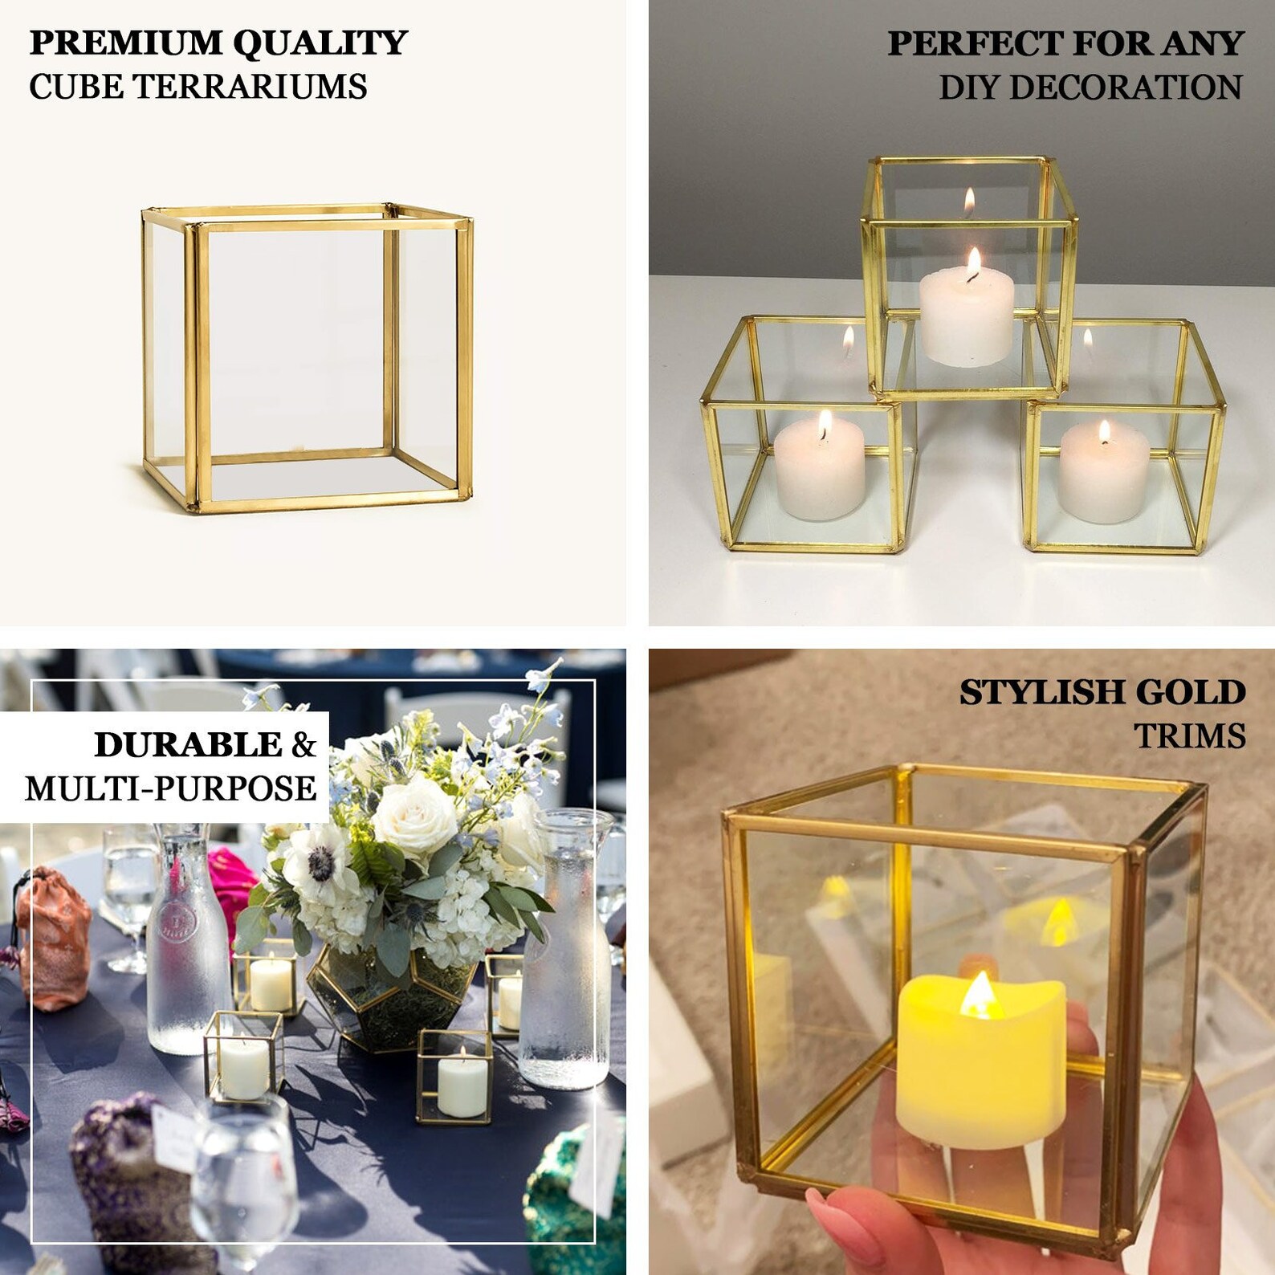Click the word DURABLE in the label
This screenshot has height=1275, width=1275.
189,745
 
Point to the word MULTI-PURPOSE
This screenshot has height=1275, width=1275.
170,788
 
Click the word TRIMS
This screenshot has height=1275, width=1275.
1189,735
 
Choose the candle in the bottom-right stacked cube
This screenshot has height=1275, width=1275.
1104,475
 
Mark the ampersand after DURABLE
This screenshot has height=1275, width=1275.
303,745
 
